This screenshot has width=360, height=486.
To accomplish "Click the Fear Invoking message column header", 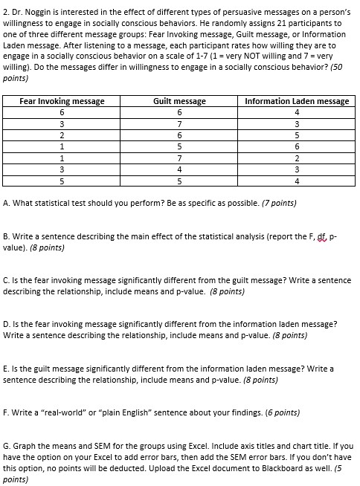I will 62,101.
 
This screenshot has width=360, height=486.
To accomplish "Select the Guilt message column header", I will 179,101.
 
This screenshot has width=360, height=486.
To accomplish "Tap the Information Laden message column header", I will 297,101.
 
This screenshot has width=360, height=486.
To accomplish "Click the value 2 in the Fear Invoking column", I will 62,135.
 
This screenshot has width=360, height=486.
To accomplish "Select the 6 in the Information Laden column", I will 297,146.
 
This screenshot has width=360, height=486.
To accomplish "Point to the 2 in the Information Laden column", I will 297,158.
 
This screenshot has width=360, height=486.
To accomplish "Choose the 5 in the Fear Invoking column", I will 62,181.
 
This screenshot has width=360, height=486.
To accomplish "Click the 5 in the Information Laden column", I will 297,135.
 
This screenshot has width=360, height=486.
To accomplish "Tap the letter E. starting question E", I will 7,369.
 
